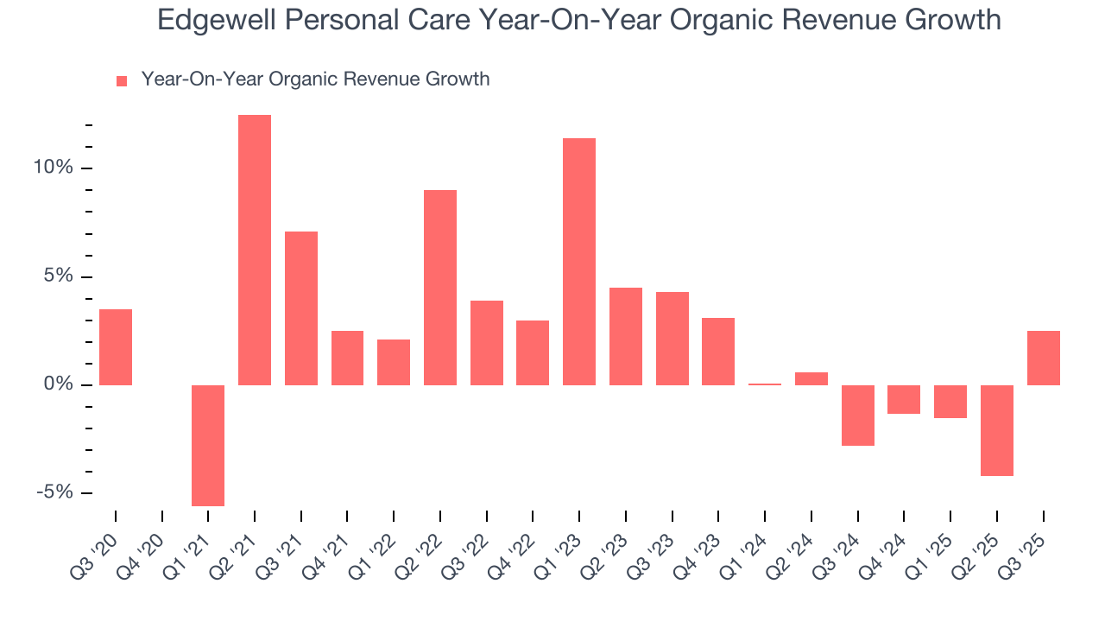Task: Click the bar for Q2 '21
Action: click(255, 250)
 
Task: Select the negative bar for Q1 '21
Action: click(208, 445)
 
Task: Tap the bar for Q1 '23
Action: click(579, 261)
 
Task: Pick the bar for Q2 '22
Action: click(440, 287)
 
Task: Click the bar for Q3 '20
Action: click(116, 346)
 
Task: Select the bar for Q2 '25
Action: click(997, 430)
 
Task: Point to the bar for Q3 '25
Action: click(1044, 358)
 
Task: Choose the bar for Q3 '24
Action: click(858, 415)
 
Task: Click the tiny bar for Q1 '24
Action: click(765, 384)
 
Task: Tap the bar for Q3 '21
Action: click(301, 308)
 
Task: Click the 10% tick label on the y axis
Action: click(54, 168)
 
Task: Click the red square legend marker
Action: click(122, 81)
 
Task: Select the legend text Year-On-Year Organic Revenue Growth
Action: click(315, 79)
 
